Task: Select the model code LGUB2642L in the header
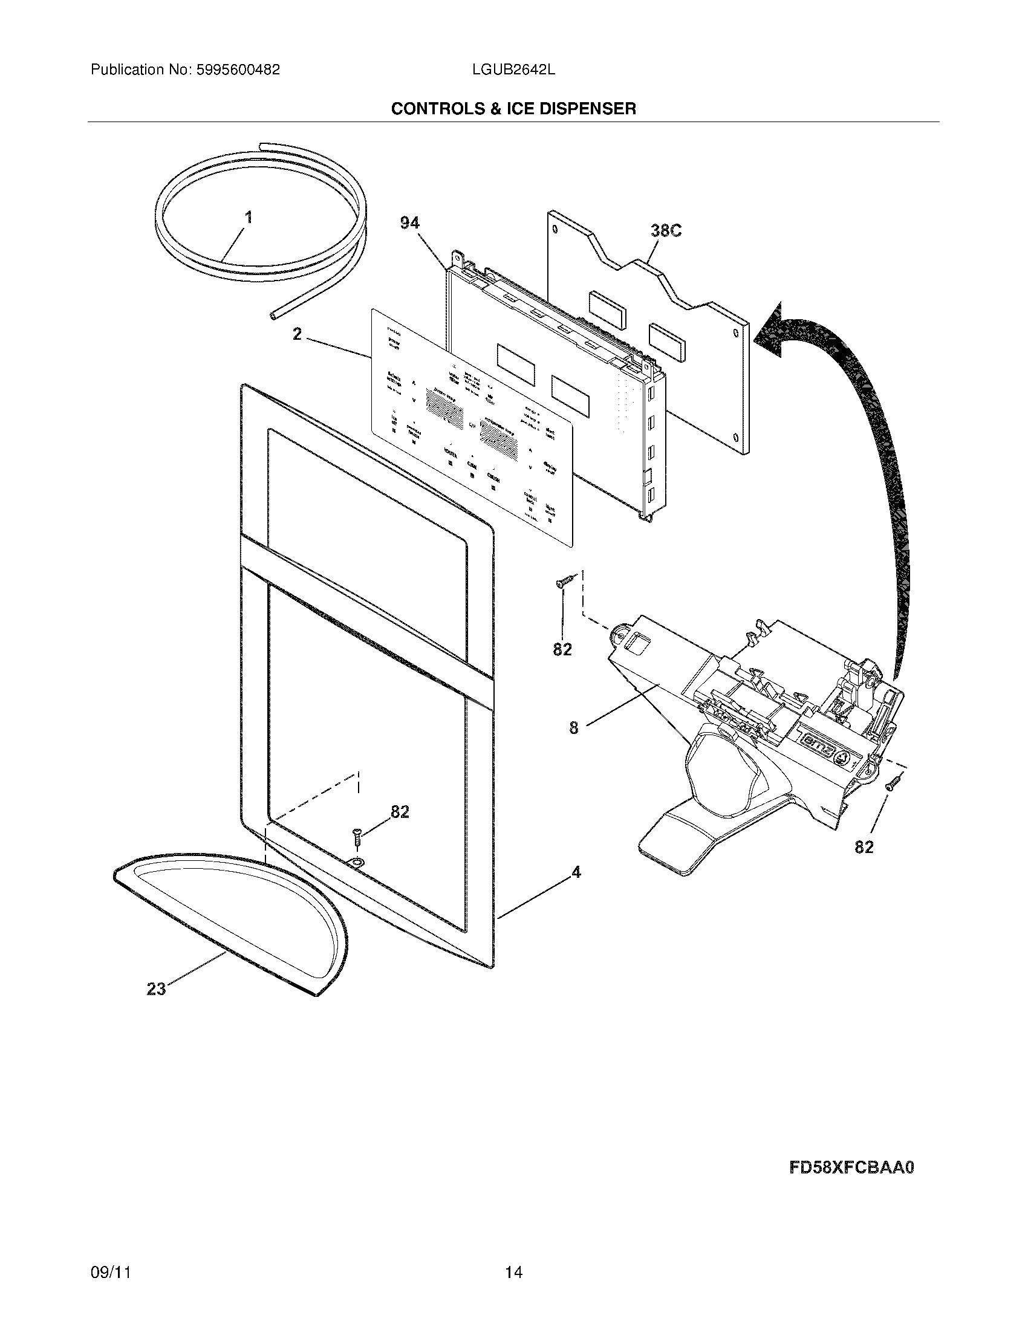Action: pyautogui.click(x=513, y=70)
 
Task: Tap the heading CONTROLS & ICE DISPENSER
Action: pyautogui.click(x=513, y=109)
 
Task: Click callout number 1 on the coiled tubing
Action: pyautogui.click(x=249, y=218)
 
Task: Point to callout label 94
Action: pyautogui.click(x=409, y=224)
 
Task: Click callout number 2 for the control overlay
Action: pyautogui.click(x=296, y=334)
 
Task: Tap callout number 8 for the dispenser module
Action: pyautogui.click(x=573, y=727)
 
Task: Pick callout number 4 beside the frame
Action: pyautogui.click(x=576, y=872)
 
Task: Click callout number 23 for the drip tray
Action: pyautogui.click(x=157, y=989)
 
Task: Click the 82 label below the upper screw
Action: pyautogui.click(x=562, y=650)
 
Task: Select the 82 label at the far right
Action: pyautogui.click(x=864, y=847)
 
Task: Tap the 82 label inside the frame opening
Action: pyautogui.click(x=400, y=812)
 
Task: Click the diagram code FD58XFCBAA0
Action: pyautogui.click(x=851, y=1167)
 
